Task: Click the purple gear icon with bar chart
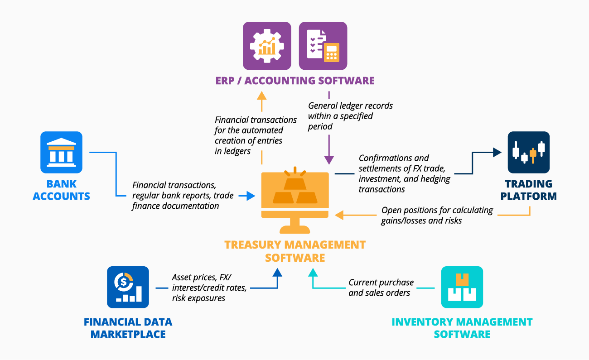[267, 46]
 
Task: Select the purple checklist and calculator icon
[323, 46]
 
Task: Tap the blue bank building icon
[61, 153]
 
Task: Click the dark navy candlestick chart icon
[528, 153]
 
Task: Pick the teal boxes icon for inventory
[462, 287]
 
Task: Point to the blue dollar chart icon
[128, 287]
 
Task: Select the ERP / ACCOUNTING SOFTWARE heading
[295, 81]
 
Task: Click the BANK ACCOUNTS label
[61, 190]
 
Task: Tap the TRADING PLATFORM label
[528, 190]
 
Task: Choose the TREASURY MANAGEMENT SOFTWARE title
[295, 251]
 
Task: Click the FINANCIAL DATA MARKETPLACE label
[128, 328]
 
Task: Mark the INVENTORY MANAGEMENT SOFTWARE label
[462, 328]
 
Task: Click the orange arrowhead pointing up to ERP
[261, 95]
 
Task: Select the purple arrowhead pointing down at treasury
[329, 159]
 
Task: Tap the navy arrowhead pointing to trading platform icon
[497, 153]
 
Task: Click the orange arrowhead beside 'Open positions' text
[339, 215]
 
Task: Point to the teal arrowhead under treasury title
[313, 272]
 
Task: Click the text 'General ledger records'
[350, 106]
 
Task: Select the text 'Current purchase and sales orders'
[381, 288]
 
